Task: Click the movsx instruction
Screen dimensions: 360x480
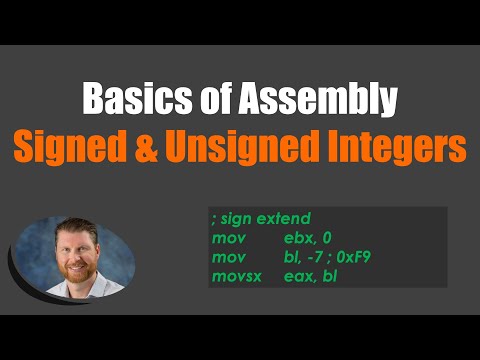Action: click(236, 274)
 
